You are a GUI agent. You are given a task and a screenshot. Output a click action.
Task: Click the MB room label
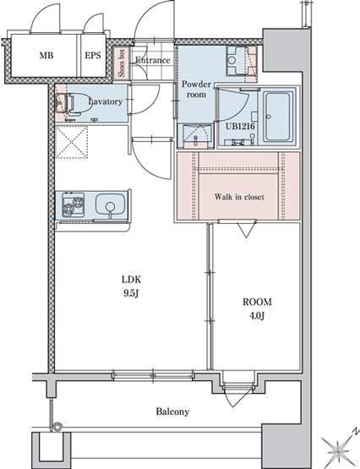[46, 55]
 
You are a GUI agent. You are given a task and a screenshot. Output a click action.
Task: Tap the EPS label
[93, 55]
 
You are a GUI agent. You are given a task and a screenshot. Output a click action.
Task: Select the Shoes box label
[122, 63]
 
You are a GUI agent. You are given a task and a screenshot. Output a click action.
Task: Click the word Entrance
[153, 60]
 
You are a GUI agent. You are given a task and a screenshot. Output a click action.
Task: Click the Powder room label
[196, 89]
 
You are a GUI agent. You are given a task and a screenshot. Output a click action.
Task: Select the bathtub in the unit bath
[278, 117]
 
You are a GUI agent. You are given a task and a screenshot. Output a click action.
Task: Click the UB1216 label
[240, 127]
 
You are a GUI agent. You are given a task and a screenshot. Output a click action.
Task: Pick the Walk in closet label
[239, 197]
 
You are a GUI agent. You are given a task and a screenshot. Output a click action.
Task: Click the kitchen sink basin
[111, 204]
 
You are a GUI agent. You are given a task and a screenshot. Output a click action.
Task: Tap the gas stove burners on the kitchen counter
[73, 205]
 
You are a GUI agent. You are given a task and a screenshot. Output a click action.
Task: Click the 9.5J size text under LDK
[131, 294]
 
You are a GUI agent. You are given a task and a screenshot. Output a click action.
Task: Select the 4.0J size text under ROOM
[257, 315]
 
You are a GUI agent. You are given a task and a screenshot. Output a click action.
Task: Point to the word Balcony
[172, 412]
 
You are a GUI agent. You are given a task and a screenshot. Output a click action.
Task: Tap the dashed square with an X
[72, 142]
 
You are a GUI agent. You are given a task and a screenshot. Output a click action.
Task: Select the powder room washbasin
[195, 136]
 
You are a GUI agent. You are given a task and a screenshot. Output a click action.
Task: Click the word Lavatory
[106, 101]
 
